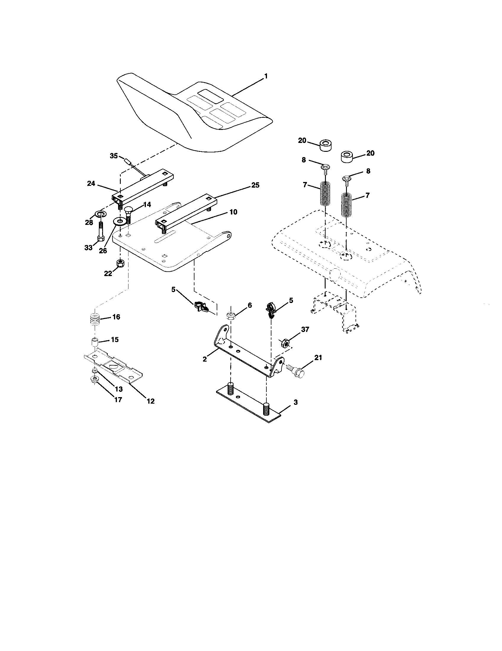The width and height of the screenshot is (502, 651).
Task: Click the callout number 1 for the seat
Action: click(266, 77)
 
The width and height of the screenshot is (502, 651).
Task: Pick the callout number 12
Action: click(151, 401)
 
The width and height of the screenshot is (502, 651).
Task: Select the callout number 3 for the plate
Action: click(295, 402)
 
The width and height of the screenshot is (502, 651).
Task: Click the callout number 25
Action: click(255, 185)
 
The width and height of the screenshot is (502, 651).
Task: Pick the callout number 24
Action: click(91, 184)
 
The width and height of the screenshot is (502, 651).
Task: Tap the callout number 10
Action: click(233, 212)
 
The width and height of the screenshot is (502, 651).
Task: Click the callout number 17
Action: click(118, 400)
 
